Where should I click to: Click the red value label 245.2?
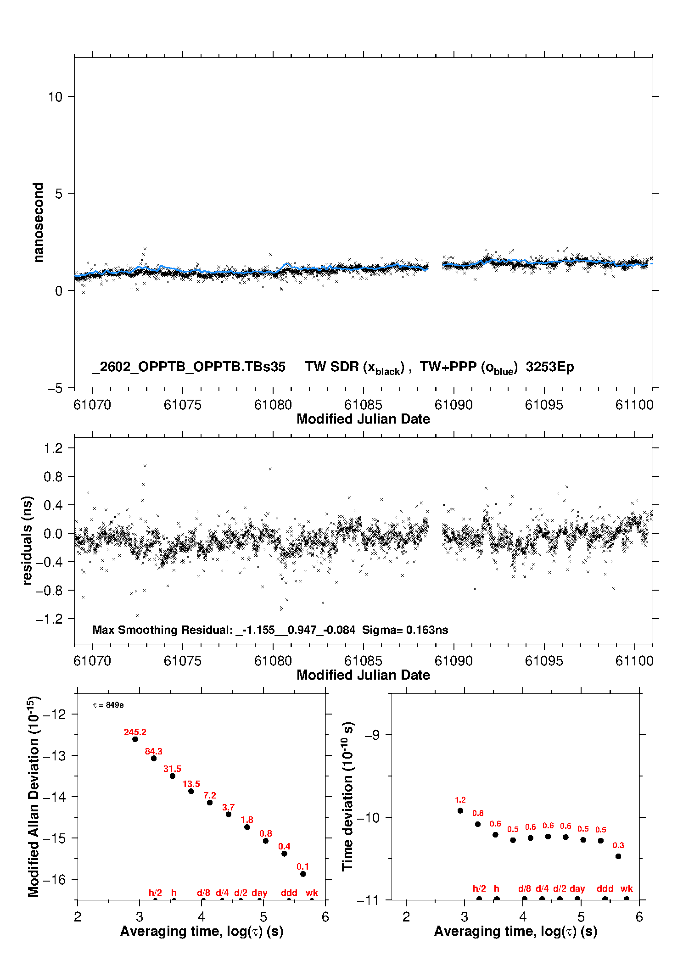pyautogui.click(x=135, y=732)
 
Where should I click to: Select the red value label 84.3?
pyautogui.click(x=154, y=751)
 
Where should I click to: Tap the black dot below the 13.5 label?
pyautogui.click(x=191, y=791)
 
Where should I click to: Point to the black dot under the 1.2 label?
pyautogui.click(x=460, y=810)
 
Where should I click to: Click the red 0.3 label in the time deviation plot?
pyautogui.click(x=618, y=845)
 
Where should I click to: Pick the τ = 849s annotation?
pyautogui.click(x=108, y=705)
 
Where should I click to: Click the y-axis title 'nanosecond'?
pyautogui.click(x=39, y=223)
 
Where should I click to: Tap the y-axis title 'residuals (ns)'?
pyautogui.click(x=28, y=541)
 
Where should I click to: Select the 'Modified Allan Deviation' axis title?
pyautogui.click(x=34, y=796)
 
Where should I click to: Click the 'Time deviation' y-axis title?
pyautogui.click(x=348, y=796)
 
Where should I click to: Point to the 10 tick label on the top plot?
pyautogui.click(x=55, y=97)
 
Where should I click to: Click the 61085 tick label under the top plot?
pyautogui.click(x=363, y=405)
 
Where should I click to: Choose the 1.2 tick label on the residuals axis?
pyautogui.click(x=53, y=448)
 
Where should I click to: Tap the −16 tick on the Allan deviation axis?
pyautogui.click(x=56, y=879)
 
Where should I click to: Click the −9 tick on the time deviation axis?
pyautogui.click(x=371, y=735)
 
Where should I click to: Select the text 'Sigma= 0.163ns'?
pyautogui.click(x=405, y=630)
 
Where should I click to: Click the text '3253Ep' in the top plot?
pyautogui.click(x=550, y=367)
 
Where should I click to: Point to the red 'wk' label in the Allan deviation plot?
pyautogui.click(x=312, y=893)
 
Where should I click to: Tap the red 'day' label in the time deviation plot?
pyautogui.click(x=577, y=888)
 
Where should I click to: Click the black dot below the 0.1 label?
pyautogui.click(x=303, y=874)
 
